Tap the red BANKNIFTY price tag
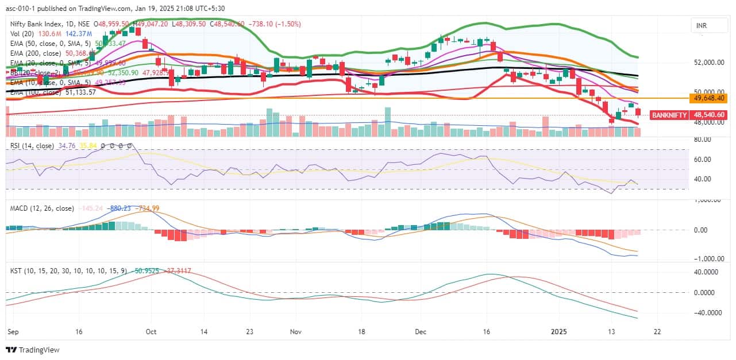point(688,115)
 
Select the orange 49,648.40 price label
point(710,98)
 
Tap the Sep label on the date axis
point(12,332)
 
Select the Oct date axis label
point(152,332)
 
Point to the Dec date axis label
point(421,332)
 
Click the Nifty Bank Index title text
point(40,24)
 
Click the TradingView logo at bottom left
point(33,350)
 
